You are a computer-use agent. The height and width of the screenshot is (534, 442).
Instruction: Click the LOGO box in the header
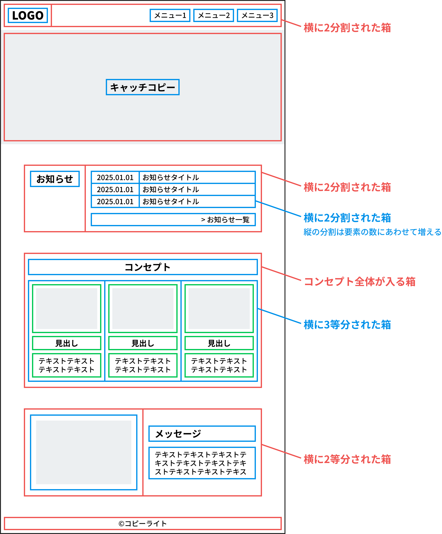pyautogui.click(x=28, y=16)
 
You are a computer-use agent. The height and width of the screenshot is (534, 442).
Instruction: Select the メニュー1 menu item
pyautogui.click(x=170, y=16)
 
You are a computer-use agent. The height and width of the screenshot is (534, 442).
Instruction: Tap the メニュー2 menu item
pyautogui.click(x=213, y=16)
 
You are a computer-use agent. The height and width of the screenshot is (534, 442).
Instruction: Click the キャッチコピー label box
pyautogui.click(x=143, y=87)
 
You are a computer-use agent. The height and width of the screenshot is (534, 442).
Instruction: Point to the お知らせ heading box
pyautogui.click(x=55, y=179)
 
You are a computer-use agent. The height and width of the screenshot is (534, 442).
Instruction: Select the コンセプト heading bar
pyautogui.click(x=143, y=267)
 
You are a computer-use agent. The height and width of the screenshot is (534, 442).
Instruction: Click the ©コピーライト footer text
pyautogui.click(x=143, y=524)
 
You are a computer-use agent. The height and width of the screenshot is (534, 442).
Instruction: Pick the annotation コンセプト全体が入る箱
pyautogui.click(x=359, y=282)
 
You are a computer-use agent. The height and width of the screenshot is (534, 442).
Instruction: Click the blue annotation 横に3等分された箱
pyautogui.click(x=347, y=325)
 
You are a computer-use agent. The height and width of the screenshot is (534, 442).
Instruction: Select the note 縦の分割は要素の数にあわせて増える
pyautogui.click(x=372, y=232)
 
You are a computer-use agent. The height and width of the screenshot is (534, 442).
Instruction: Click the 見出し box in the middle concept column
pyautogui.click(x=143, y=343)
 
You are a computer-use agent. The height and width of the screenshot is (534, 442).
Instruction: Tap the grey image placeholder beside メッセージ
pyautogui.click(x=84, y=452)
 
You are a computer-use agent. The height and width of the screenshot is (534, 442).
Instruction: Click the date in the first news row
pyautogui.click(x=115, y=177)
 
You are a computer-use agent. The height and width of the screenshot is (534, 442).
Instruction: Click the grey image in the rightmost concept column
pyautogui.click(x=219, y=308)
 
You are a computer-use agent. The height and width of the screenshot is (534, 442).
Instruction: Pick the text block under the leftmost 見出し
pyautogui.click(x=67, y=365)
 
